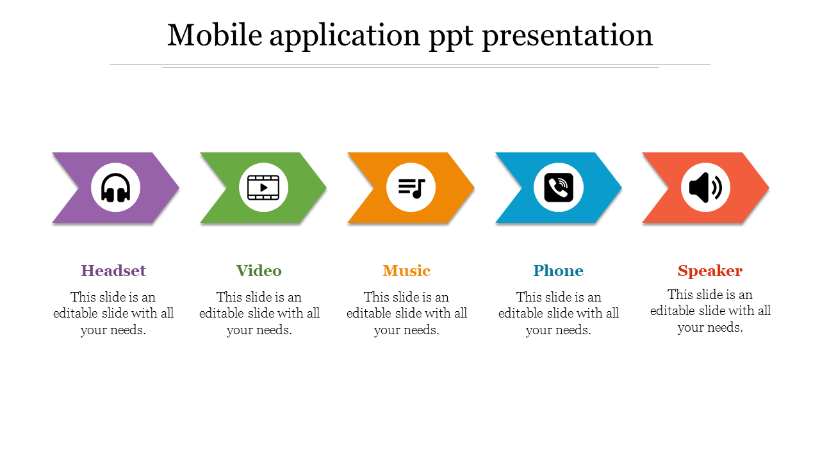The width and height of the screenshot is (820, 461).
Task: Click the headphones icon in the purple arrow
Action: click(x=116, y=188)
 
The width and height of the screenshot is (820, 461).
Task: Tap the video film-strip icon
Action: click(x=263, y=188)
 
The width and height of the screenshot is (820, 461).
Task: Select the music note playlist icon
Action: click(x=411, y=188)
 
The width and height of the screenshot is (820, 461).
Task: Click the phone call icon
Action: click(x=559, y=188)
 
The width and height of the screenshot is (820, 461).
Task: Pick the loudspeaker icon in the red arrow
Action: click(x=705, y=188)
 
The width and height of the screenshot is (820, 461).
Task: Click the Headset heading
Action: click(x=113, y=271)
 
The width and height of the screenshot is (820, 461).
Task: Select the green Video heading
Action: click(x=259, y=271)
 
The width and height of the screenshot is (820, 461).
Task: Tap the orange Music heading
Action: click(x=406, y=271)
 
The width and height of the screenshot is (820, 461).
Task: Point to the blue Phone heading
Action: click(x=558, y=271)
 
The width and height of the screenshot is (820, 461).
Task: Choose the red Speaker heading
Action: click(x=710, y=271)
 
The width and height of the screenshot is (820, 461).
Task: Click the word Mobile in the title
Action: click(x=215, y=35)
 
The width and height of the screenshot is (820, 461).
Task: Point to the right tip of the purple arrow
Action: click(x=179, y=188)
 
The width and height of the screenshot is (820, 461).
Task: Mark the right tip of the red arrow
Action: click(x=769, y=188)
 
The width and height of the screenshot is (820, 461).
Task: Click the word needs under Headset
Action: click(x=129, y=330)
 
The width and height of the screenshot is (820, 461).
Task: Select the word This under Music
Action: click(x=375, y=297)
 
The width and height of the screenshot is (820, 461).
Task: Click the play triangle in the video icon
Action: click(x=263, y=188)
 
